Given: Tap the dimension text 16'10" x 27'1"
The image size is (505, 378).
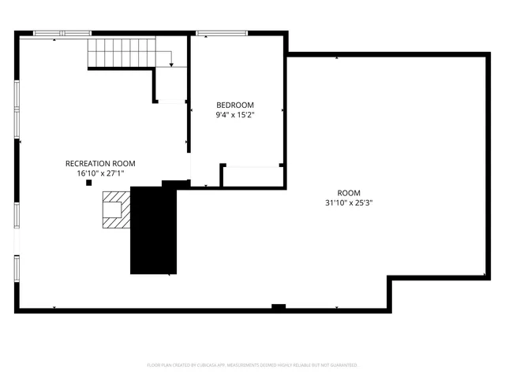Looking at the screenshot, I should point(100,173).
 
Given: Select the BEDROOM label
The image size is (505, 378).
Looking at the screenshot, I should point(235,105).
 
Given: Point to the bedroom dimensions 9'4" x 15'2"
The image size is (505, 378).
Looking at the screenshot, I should point(235,115).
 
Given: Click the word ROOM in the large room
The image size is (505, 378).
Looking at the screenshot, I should point(348,193).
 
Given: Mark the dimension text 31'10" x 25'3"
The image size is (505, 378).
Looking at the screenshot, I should point(348,202).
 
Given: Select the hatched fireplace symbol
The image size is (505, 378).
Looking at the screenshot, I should point(112,209).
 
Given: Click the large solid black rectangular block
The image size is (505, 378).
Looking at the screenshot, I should point(153,231).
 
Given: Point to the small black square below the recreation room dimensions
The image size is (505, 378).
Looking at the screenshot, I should point(88,183).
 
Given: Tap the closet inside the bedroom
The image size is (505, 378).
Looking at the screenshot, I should point(252,176).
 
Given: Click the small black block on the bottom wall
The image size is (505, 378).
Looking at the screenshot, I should point(278,306).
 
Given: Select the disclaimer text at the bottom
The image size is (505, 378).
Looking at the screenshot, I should point(252,365).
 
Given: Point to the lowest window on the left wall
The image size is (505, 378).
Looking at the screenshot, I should point(17,268).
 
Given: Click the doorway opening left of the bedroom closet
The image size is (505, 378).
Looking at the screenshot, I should point(205,175).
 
